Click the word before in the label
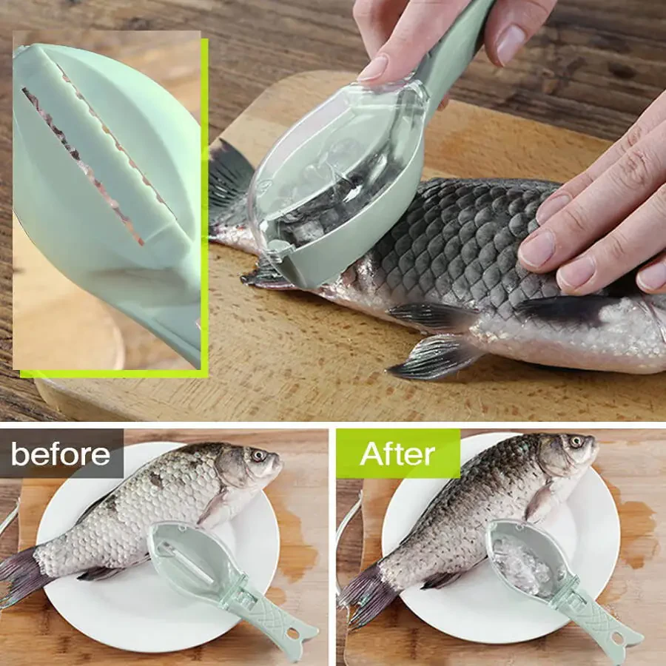click(x=61, y=454)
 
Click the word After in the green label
click(x=397, y=454)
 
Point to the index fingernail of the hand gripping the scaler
click(x=373, y=69)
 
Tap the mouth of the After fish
click(x=594, y=453)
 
